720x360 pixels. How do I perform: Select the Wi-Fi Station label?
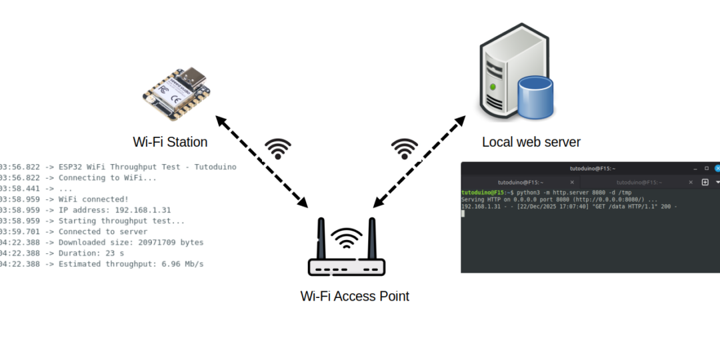point(170,142)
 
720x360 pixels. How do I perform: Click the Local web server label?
point(531,142)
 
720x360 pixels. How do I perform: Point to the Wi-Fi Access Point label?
point(355,296)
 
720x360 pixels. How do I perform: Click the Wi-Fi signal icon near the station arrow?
point(278,149)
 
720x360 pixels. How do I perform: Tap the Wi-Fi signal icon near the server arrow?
point(405,149)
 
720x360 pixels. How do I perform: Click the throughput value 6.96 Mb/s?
point(183,264)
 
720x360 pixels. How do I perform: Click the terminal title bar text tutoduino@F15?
point(590,169)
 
